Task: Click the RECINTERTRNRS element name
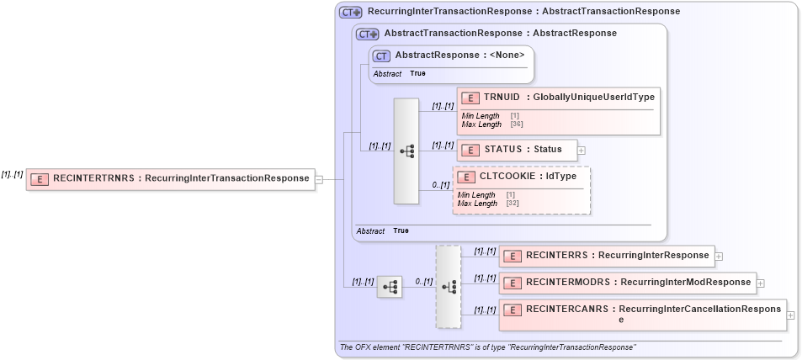click(181, 178)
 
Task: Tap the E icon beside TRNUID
click(470, 98)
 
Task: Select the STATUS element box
click(516, 150)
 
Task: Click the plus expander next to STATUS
click(582, 151)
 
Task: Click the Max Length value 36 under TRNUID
click(517, 124)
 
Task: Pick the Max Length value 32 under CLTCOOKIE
click(513, 204)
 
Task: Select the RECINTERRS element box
click(606, 256)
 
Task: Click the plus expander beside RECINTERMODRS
click(761, 283)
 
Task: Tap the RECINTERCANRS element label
click(653, 310)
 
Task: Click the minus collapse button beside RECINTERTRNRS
click(319, 178)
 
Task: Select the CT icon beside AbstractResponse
click(381, 56)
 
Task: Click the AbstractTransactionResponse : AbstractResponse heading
click(500, 34)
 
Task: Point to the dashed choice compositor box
click(448, 286)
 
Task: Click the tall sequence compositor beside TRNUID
click(406, 151)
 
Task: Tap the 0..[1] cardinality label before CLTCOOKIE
click(441, 184)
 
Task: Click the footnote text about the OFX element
click(487, 347)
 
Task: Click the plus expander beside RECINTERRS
click(719, 257)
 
